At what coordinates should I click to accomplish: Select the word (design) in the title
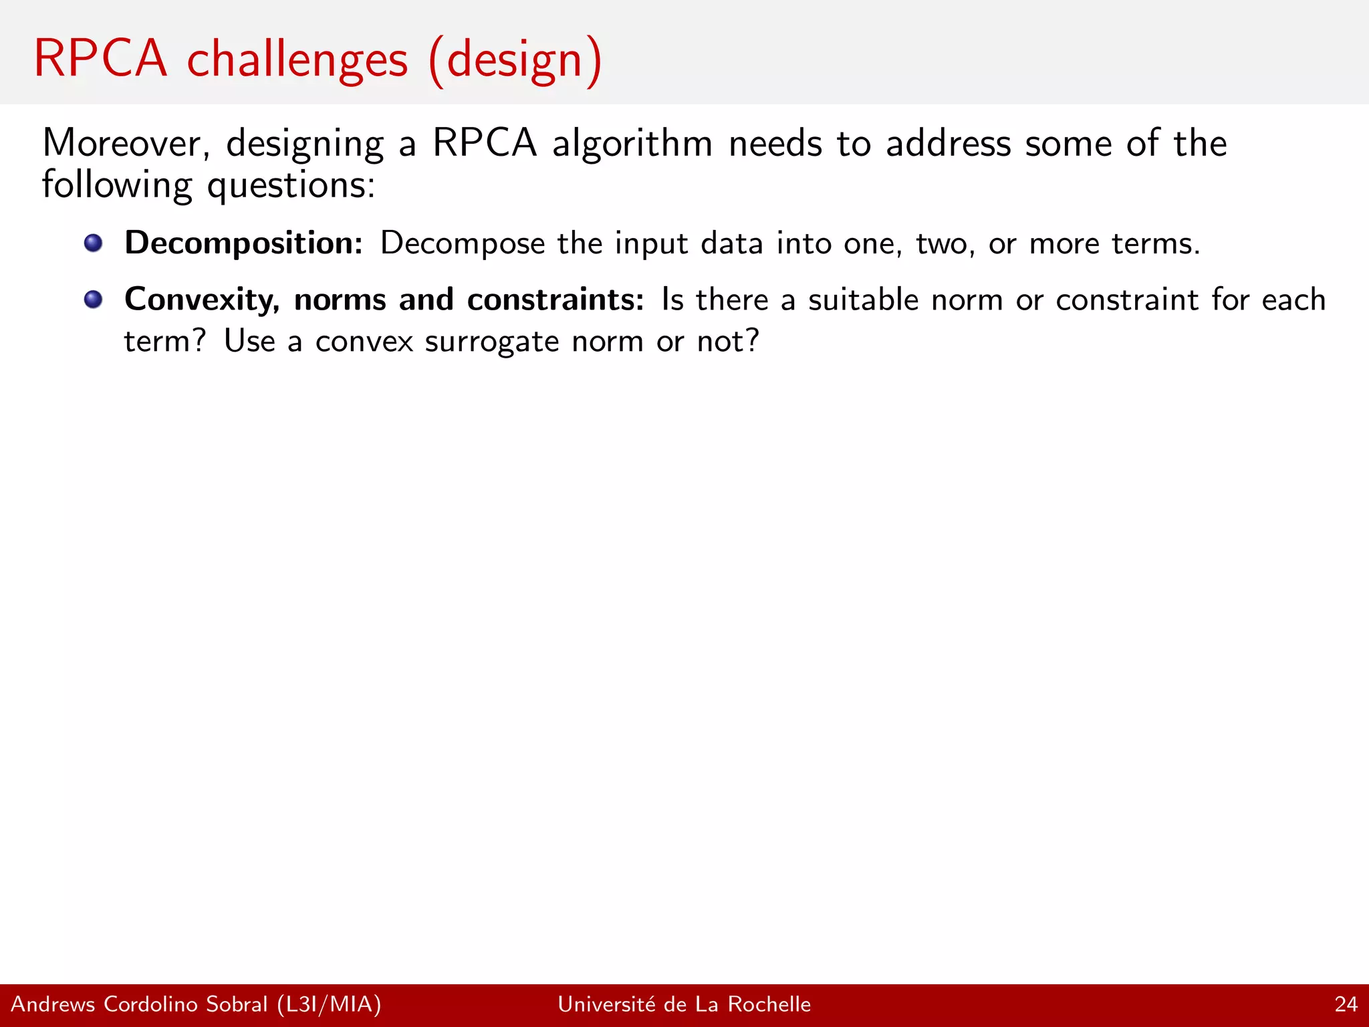click(515, 60)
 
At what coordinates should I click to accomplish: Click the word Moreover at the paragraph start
click(126, 143)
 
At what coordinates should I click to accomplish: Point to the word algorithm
click(632, 143)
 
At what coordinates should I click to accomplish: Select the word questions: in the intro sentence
click(291, 186)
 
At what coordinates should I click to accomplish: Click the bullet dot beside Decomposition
click(94, 243)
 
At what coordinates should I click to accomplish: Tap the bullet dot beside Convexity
click(94, 299)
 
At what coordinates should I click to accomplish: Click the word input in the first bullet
click(651, 243)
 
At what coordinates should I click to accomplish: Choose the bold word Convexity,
click(202, 300)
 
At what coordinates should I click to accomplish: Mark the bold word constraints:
click(555, 300)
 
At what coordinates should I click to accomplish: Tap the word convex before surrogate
click(364, 342)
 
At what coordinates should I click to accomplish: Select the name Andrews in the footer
click(53, 1004)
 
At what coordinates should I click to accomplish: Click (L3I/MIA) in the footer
click(329, 1004)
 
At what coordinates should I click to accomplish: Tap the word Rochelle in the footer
click(769, 1004)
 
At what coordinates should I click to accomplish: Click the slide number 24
click(1346, 1004)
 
